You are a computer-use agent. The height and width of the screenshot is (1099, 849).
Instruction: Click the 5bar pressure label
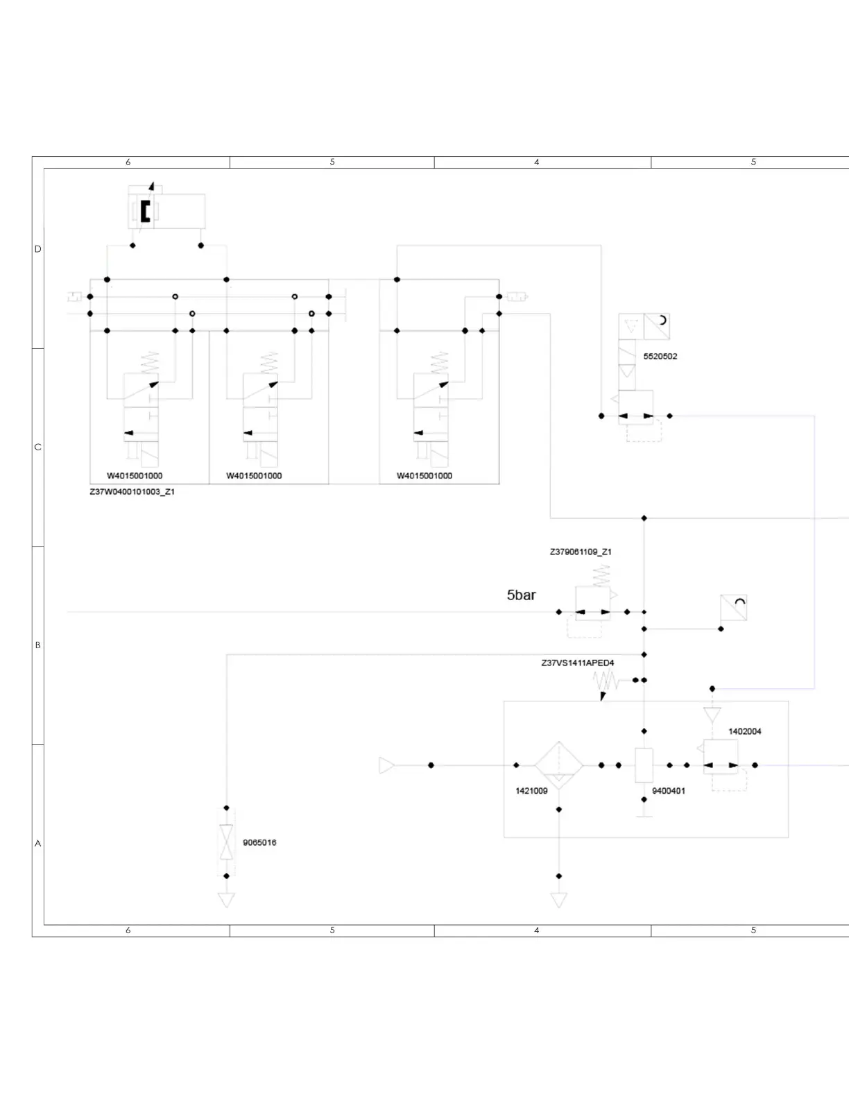point(521,595)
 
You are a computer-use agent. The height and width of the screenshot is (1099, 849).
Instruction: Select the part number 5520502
point(660,356)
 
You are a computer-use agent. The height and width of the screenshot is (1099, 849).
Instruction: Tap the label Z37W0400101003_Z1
point(132,492)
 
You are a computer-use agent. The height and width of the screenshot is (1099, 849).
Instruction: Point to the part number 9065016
point(259,842)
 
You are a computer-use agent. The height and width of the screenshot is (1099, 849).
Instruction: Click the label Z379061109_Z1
point(581,552)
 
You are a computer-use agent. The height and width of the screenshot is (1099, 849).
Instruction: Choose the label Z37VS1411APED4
point(577,663)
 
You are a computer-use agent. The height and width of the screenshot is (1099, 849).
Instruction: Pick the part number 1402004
point(744,731)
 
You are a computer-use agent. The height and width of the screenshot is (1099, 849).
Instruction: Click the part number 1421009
point(531,791)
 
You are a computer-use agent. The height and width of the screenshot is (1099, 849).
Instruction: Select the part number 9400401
point(669,791)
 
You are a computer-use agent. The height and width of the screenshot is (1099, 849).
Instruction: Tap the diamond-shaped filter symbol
point(558,765)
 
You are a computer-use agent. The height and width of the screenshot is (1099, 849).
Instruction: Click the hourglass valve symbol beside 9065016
point(226,842)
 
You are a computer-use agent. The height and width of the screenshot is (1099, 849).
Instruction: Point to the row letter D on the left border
point(37,249)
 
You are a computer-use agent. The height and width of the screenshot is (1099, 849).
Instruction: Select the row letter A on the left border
point(37,843)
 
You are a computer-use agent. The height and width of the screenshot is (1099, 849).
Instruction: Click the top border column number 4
point(536,162)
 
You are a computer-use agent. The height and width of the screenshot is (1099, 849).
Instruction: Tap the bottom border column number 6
point(128,930)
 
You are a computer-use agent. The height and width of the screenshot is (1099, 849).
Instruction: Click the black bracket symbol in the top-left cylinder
point(145,211)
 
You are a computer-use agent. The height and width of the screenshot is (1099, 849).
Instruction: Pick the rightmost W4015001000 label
point(424,476)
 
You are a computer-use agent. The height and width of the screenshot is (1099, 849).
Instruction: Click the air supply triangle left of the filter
point(386,765)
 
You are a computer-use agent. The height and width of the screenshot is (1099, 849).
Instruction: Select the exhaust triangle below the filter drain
point(558,900)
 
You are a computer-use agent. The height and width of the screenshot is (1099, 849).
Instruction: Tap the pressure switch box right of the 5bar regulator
point(733,608)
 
